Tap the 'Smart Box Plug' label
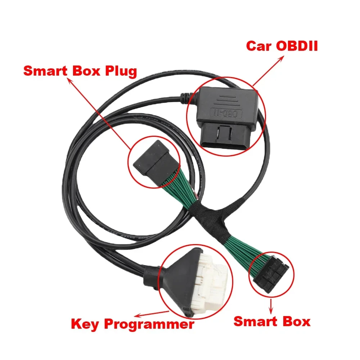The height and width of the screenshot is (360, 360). pos(80,71)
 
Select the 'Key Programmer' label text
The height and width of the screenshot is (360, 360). pos(132,324)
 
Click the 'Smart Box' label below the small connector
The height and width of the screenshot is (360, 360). pos(272,321)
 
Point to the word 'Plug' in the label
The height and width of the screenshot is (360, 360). pos(119,71)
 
